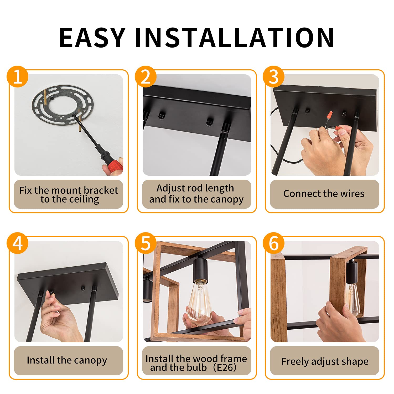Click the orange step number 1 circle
17,76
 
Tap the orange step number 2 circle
146,76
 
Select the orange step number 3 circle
274,76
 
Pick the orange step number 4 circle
17,243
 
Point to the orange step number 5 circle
146,243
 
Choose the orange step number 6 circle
274,243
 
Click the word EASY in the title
92,38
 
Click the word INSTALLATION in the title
234,38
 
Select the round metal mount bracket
63,105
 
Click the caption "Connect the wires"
324,194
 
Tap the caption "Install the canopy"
67,360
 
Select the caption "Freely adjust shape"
325,361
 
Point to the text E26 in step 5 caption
225,367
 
